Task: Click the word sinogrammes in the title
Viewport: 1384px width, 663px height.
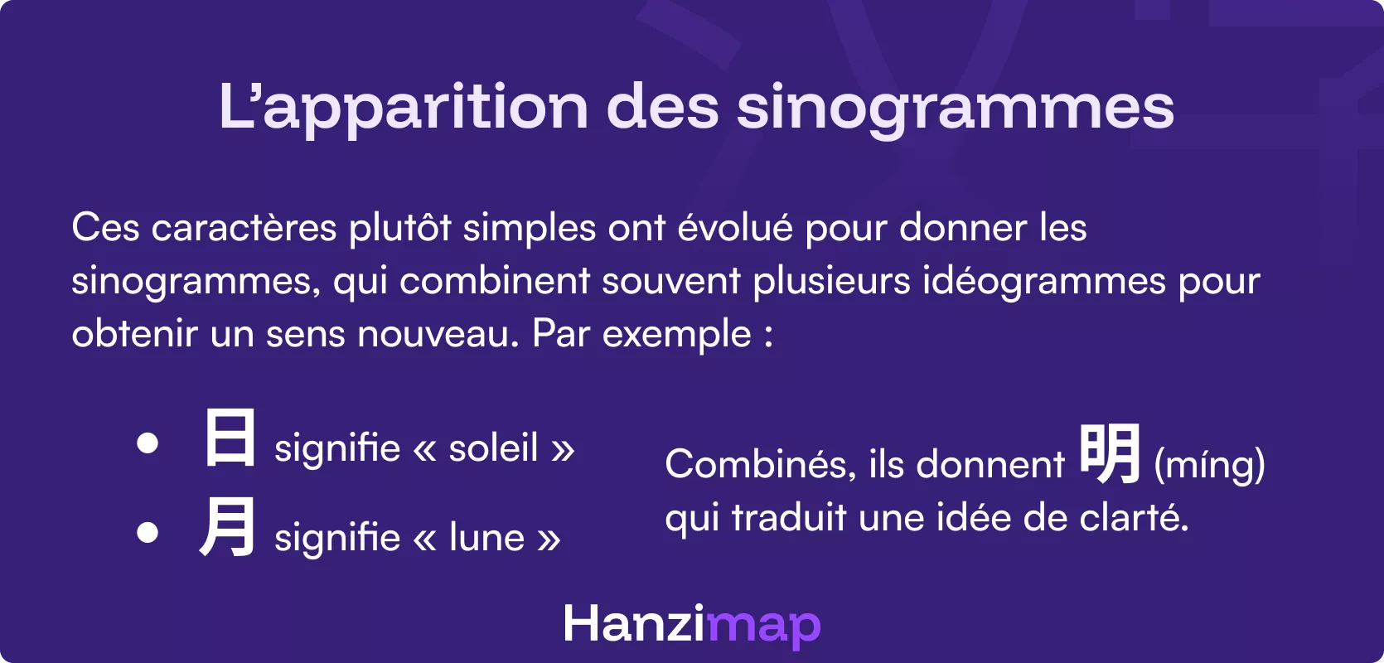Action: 955,109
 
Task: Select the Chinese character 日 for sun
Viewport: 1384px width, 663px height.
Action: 230,438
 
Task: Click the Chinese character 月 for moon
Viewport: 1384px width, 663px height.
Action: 227,527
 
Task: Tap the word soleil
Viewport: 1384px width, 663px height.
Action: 493,448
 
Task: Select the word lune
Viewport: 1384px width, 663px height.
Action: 486,538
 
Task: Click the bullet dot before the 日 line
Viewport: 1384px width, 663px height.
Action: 148,443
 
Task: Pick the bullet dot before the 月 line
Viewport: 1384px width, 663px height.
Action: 148,532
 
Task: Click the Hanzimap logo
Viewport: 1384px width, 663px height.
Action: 692,624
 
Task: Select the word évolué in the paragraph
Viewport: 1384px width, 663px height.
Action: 735,228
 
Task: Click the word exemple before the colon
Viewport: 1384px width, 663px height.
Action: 676,335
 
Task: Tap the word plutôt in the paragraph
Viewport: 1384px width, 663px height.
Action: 399,228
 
